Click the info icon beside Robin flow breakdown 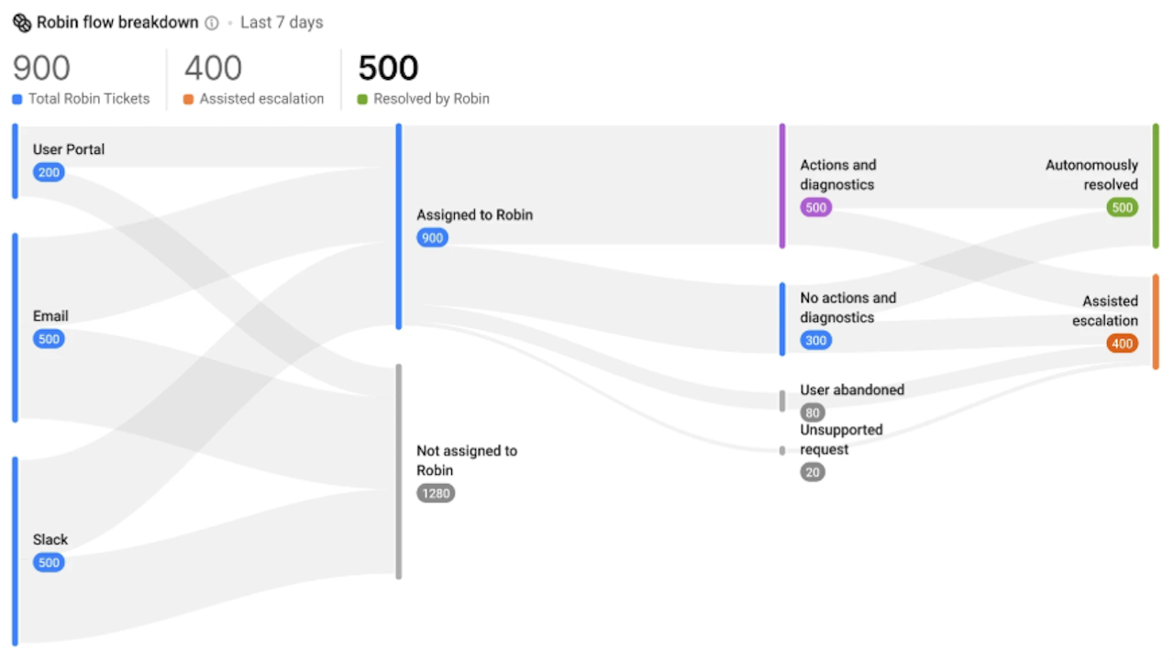point(212,23)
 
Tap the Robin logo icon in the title point(22,23)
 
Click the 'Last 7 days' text point(282,23)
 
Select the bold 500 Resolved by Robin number point(388,68)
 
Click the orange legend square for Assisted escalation point(188,99)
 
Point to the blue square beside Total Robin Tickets point(17,99)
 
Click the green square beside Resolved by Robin point(362,99)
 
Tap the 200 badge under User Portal point(49,172)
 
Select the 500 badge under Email point(49,339)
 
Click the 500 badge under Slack point(49,563)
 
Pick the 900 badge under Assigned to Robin point(432,237)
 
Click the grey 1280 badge point(436,493)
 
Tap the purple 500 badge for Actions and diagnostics point(815,207)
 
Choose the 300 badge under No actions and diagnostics point(815,340)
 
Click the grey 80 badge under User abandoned point(813,412)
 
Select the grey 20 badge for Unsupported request point(813,472)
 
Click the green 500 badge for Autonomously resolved point(1122,207)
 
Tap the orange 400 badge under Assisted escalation point(1122,344)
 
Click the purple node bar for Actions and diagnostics point(782,186)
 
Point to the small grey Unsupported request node point(782,450)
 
